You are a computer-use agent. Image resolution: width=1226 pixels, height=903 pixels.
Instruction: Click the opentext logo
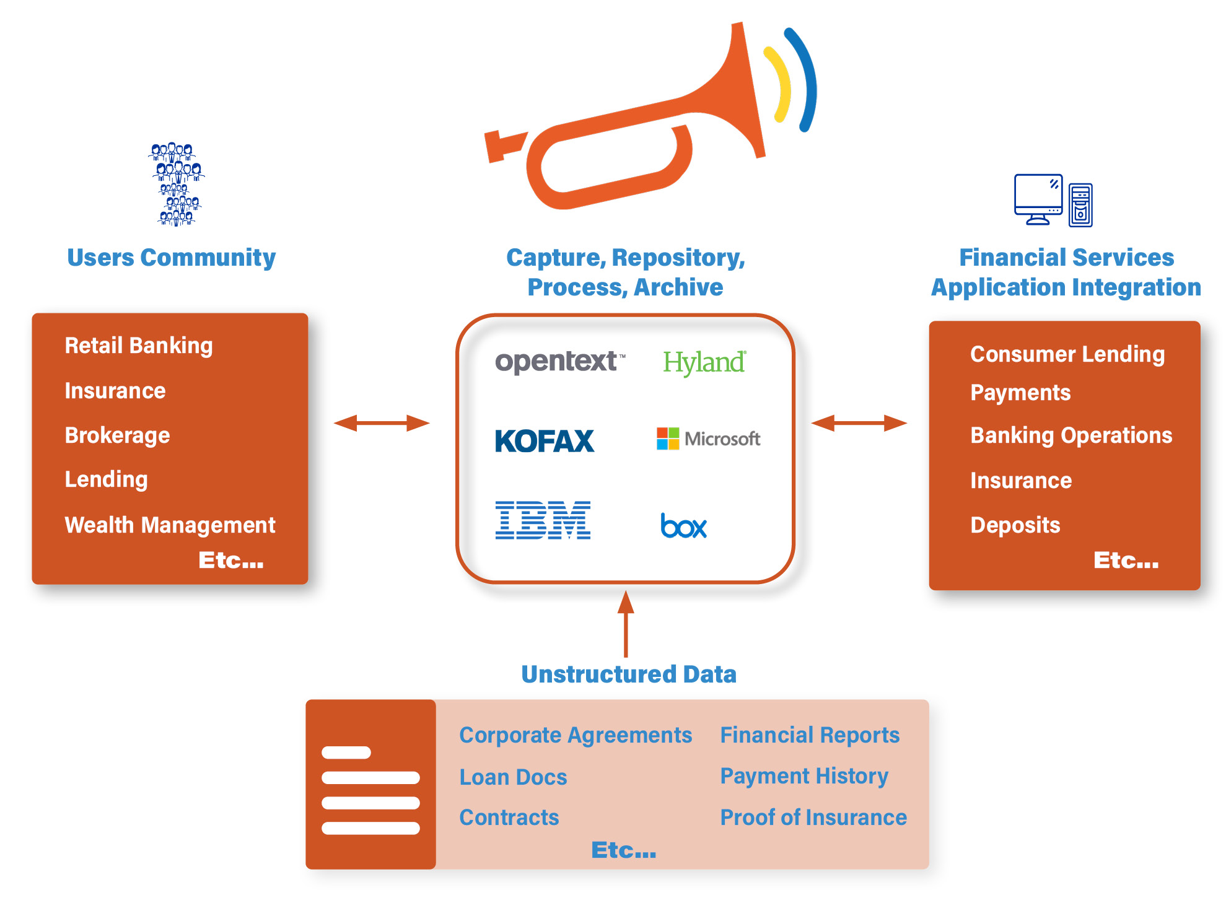click(x=560, y=362)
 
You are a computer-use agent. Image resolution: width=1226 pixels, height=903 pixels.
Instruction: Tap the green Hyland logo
click(x=704, y=362)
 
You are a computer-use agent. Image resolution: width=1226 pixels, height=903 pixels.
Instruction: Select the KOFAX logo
click(x=545, y=441)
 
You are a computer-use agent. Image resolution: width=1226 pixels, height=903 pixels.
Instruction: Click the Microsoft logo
click(x=708, y=438)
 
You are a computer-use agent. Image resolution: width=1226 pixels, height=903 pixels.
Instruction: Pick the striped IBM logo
click(x=543, y=520)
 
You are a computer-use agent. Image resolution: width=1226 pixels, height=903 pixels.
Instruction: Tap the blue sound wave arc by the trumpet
click(x=803, y=79)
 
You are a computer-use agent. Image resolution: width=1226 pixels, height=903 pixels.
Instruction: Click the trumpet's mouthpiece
click(x=501, y=145)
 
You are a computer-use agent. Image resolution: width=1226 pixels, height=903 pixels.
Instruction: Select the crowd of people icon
click(x=177, y=185)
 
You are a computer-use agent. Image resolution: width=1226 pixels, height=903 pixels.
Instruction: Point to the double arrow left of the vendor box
click(x=382, y=423)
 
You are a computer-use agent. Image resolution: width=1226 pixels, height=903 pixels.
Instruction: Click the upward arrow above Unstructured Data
click(x=626, y=623)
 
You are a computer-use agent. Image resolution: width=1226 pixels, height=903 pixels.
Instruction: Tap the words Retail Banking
click(x=139, y=346)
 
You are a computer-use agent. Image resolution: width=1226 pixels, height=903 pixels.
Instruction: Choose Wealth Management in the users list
click(x=170, y=525)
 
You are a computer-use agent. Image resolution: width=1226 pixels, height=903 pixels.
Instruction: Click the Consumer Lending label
click(x=1067, y=354)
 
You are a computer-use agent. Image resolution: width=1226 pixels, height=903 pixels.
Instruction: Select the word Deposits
click(x=1015, y=525)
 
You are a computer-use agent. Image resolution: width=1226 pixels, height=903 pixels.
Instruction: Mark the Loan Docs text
click(x=513, y=777)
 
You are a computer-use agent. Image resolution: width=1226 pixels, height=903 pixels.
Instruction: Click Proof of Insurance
click(x=813, y=818)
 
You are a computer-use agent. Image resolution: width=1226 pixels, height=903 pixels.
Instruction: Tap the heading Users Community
click(x=172, y=258)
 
